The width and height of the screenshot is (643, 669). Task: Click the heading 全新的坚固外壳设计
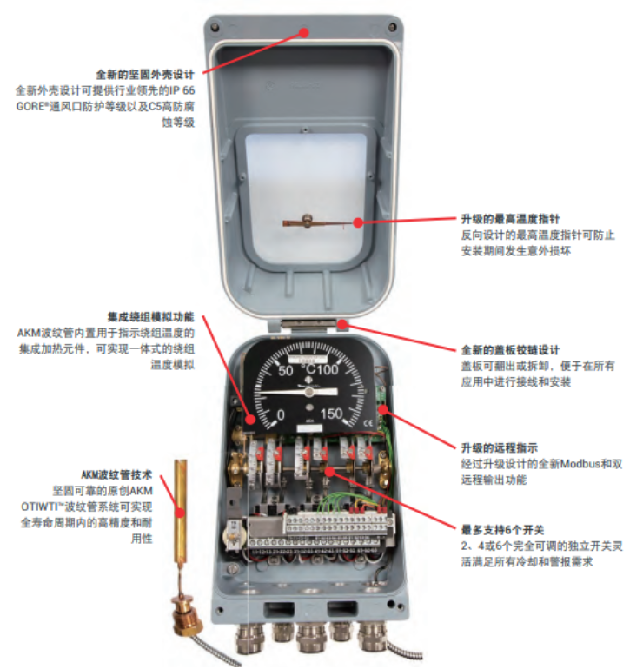(145, 75)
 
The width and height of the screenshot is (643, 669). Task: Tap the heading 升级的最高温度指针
(510, 219)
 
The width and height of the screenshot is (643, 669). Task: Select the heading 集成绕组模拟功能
(150, 317)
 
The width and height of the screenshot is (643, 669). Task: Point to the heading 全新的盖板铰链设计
(510, 350)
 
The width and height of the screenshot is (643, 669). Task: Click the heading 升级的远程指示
(500, 448)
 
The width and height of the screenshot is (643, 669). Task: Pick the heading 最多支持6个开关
(502, 530)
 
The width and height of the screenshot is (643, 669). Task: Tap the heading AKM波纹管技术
(116, 475)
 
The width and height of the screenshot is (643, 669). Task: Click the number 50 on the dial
(286, 370)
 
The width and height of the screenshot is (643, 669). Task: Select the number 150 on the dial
(331, 414)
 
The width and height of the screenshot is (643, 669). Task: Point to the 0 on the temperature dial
(281, 414)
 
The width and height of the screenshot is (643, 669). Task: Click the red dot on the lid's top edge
(304, 32)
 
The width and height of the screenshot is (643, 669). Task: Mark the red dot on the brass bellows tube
(181, 513)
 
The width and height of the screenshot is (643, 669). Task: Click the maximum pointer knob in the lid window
(306, 220)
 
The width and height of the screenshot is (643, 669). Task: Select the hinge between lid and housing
(308, 323)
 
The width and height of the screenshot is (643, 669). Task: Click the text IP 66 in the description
(182, 90)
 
